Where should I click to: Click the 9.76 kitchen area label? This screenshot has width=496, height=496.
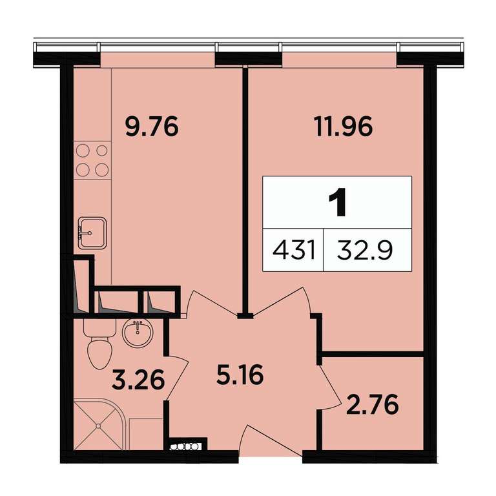(152, 127)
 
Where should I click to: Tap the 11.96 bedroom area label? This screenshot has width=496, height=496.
(344, 127)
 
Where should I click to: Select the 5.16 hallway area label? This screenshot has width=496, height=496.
(240, 375)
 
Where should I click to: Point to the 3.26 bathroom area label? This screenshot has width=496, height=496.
(138, 380)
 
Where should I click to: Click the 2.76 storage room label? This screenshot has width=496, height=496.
(372, 404)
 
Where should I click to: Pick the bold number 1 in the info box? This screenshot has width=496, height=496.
(337, 202)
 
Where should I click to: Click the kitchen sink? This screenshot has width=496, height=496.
(92, 233)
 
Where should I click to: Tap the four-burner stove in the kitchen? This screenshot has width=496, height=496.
(92, 160)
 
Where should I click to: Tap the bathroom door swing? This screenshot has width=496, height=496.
(177, 377)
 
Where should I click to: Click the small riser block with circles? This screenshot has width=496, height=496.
(186, 446)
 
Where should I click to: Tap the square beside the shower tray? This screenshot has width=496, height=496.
(146, 434)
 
